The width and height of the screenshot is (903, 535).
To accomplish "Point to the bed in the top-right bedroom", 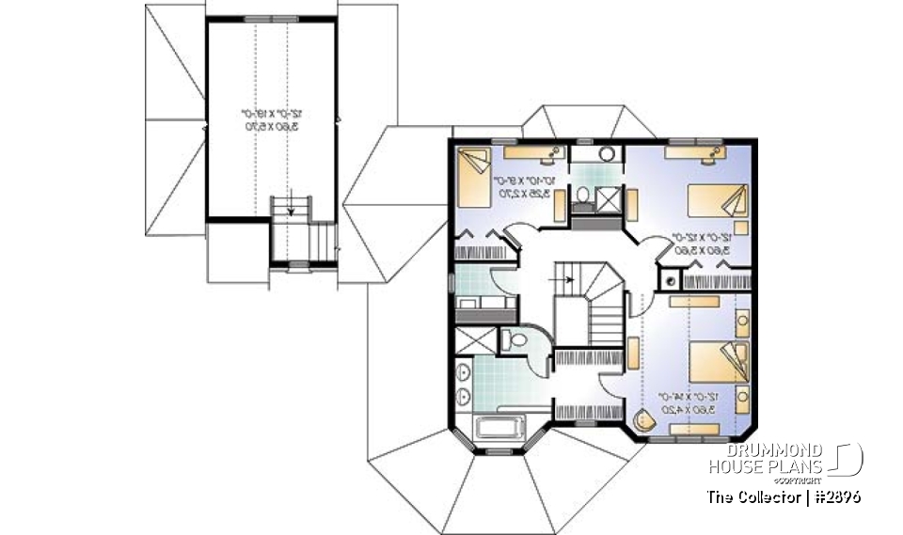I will tap(721, 200).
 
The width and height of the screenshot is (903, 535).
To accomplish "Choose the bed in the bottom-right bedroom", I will tap(721, 363).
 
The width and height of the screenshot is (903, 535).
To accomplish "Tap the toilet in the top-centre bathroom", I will tap(583, 196).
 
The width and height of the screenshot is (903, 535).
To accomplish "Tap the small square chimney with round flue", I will tap(669, 277).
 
